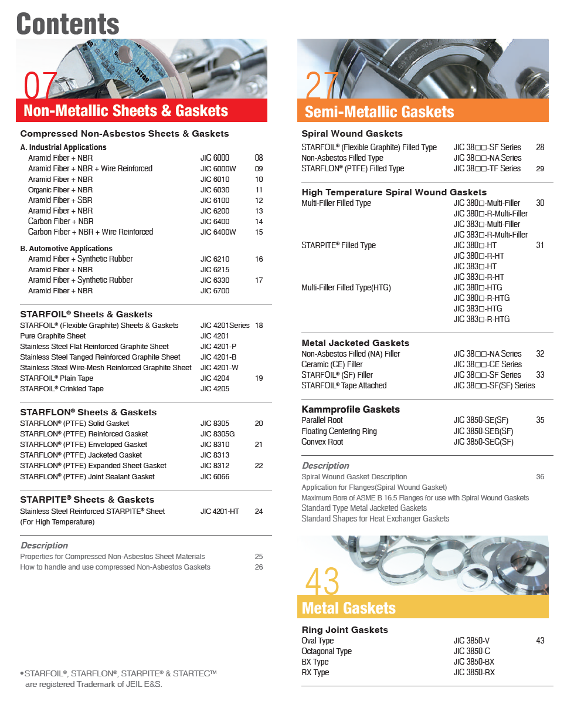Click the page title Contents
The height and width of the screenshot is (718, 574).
pos(68,23)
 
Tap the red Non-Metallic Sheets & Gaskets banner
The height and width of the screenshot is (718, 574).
pos(126,111)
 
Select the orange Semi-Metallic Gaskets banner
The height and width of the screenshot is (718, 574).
pos(379,111)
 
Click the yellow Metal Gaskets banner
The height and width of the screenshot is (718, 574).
pos(349,608)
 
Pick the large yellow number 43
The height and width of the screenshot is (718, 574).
pos(322,582)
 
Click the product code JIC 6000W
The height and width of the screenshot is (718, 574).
pos(218,169)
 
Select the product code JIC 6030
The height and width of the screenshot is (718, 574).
pos(215,190)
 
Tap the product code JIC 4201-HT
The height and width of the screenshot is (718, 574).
pos(220,512)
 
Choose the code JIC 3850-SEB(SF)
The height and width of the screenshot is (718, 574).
pos(483,431)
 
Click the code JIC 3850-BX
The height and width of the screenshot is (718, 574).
pos(474,662)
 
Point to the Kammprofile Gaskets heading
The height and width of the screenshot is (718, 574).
pos(351,409)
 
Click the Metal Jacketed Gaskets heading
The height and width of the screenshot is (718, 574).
pos(355,343)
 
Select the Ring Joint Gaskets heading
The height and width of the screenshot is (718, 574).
pos(345,630)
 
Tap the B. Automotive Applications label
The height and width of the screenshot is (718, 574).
pos(66,249)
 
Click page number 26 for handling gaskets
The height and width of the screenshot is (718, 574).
pos(259,567)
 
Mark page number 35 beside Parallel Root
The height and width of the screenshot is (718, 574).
pos(540,421)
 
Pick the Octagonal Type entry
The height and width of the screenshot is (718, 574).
pos(327,651)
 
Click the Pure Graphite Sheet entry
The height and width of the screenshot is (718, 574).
pos(53,336)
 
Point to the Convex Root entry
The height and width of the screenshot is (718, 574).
pos(322,442)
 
